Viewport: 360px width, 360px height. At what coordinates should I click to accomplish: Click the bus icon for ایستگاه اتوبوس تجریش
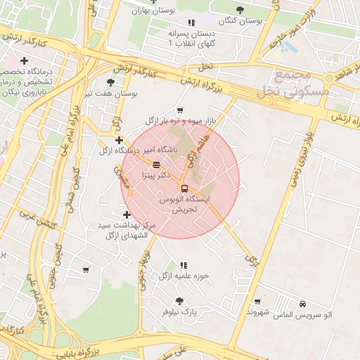tap(184, 188)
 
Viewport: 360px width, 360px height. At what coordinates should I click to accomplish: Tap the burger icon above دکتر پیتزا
tap(155, 164)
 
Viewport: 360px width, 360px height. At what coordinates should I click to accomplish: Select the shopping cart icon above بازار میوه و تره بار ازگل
tap(181, 110)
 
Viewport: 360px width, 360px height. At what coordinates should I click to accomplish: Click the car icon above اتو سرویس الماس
tap(302, 303)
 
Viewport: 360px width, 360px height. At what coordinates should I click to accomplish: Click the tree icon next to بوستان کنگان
tap(240, 10)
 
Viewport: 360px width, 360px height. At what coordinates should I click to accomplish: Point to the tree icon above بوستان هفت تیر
tap(110, 82)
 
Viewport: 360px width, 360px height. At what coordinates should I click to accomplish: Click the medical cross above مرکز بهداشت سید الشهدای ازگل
tap(127, 214)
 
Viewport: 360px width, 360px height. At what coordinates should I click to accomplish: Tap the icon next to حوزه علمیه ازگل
tap(184, 266)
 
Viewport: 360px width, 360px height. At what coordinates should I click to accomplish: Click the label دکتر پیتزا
tap(155, 174)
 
